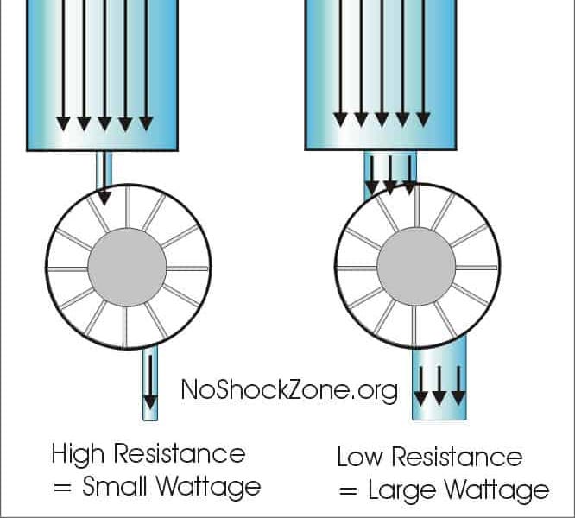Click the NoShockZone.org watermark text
click(289, 390)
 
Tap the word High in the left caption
click(79, 454)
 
